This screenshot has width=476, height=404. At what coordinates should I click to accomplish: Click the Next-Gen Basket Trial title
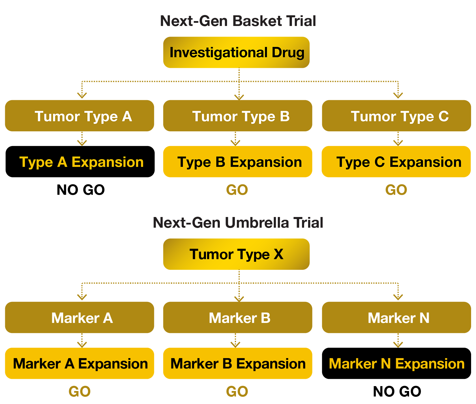[x=238, y=21]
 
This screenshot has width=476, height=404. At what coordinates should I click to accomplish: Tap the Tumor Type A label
[x=83, y=117]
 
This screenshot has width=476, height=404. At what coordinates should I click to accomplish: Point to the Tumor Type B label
[x=241, y=117]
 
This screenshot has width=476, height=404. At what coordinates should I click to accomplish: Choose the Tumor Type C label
[x=400, y=117]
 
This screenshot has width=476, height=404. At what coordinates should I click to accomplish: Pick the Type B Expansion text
[x=239, y=162]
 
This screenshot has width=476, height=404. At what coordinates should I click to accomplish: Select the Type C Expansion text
[x=399, y=162]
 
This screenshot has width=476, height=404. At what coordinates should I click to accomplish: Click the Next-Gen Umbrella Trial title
[x=238, y=222]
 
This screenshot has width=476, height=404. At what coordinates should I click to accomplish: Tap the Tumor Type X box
[x=236, y=254]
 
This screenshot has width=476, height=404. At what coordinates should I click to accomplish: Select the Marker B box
[x=237, y=318]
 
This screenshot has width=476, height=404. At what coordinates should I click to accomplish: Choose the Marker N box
[x=396, y=318]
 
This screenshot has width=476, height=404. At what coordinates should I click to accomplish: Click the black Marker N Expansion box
[x=396, y=364]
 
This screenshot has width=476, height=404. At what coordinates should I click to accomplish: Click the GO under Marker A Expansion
[x=80, y=392]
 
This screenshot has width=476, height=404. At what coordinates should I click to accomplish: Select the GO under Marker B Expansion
[x=237, y=392]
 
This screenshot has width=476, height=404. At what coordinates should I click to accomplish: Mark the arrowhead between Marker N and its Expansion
[x=398, y=344]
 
